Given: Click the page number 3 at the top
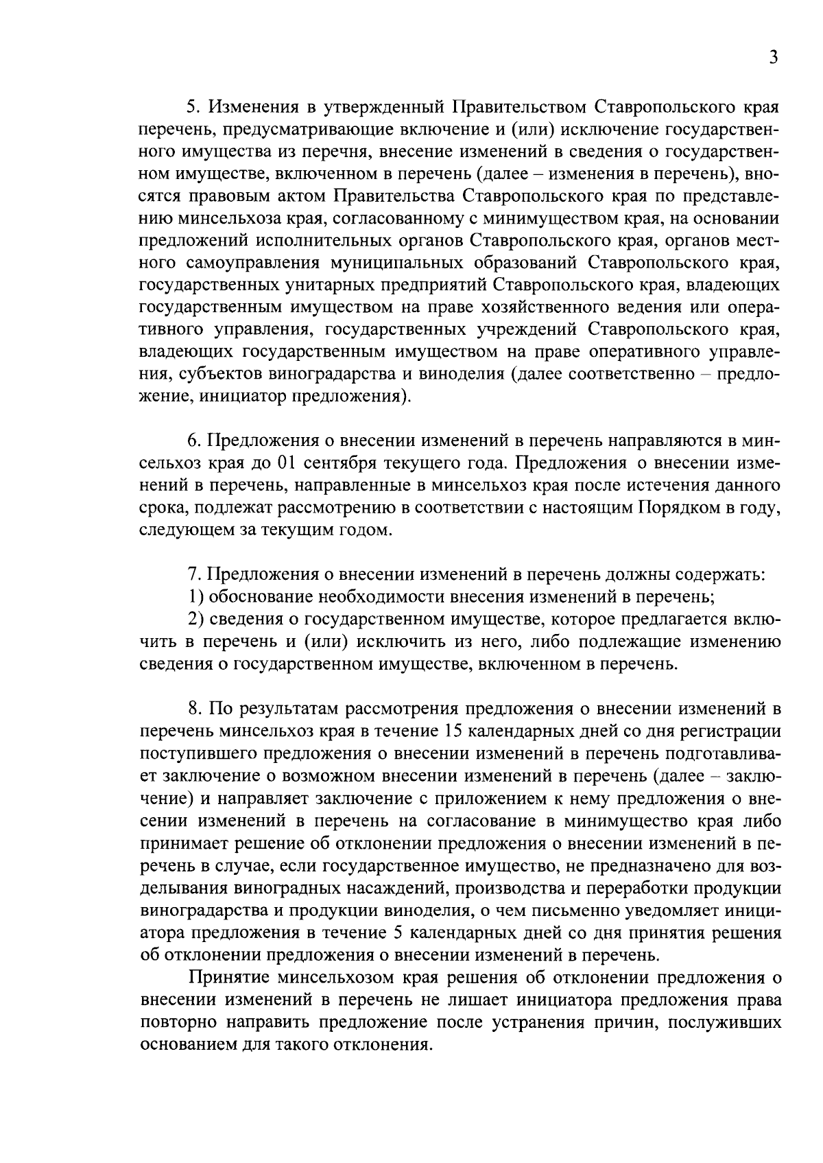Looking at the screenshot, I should point(773,58).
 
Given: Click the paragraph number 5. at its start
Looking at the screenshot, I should point(194,107).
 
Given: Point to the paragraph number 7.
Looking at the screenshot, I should point(194,574).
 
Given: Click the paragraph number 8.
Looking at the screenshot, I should point(194,709).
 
